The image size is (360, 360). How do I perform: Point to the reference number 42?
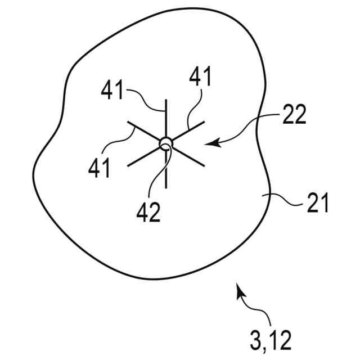coord(149,212)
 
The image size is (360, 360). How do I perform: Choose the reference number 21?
coord(316,204)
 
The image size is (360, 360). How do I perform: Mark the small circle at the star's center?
coord(165,142)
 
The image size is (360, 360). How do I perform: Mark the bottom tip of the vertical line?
coord(166,187)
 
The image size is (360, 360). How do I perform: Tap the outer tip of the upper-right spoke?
coord(204,120)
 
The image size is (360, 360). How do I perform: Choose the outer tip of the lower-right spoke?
coord(204,165)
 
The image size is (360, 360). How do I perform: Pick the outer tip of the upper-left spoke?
coord(128,121)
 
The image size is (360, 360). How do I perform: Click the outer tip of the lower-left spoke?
coord(128,165)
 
